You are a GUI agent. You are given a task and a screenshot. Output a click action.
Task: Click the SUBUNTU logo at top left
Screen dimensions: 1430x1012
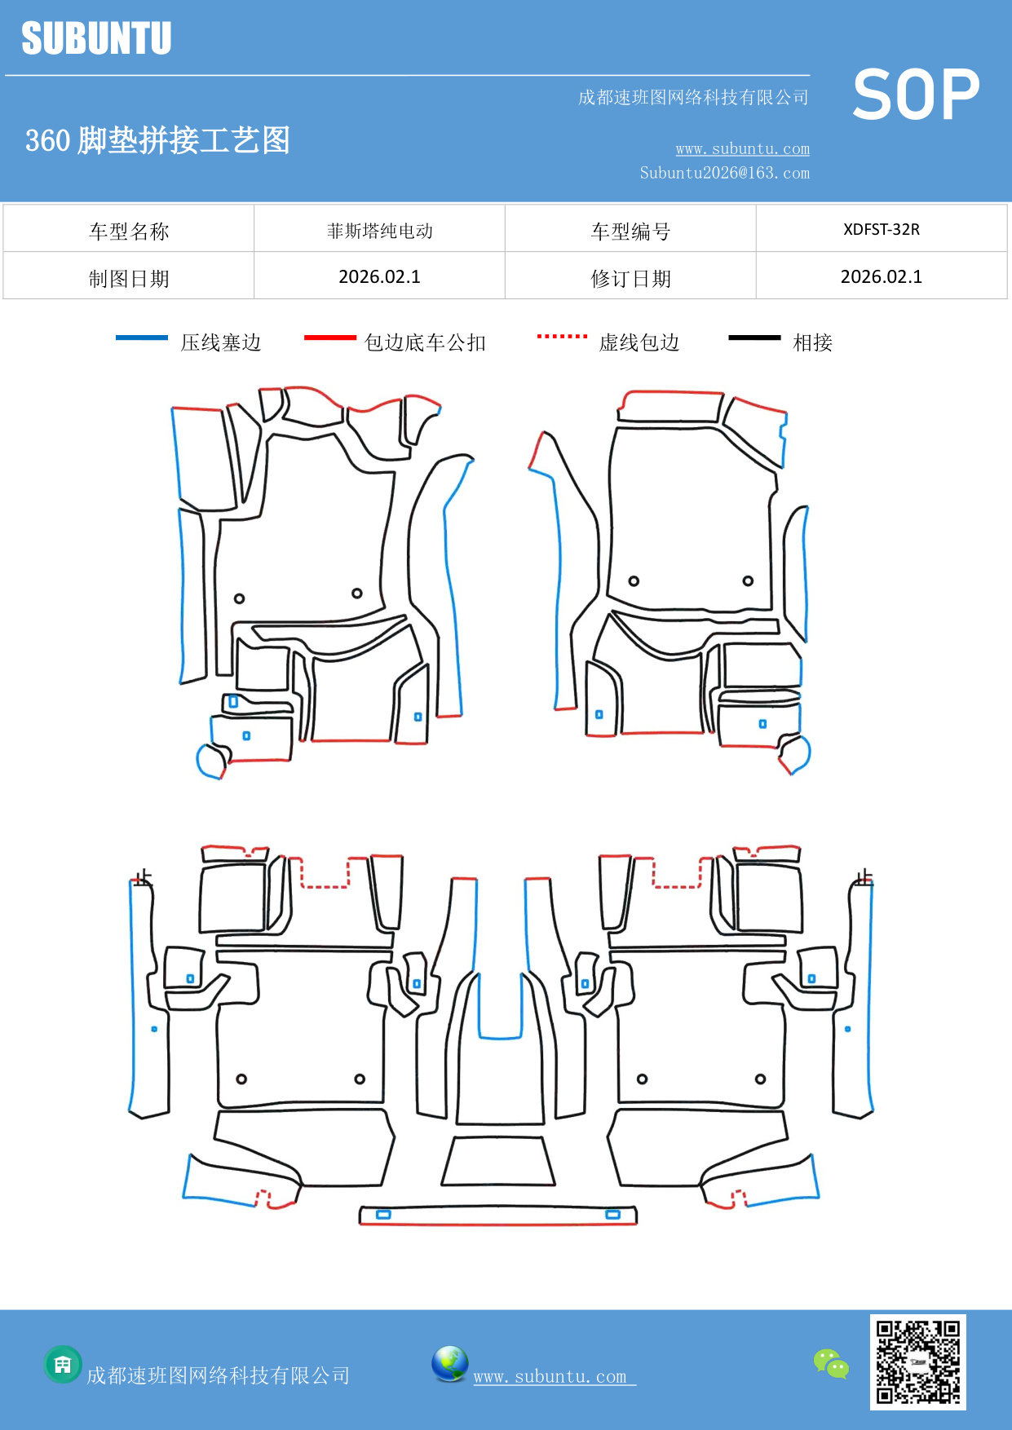pos(96,38)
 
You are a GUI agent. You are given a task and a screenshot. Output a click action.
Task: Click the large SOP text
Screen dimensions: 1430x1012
pos(916,95)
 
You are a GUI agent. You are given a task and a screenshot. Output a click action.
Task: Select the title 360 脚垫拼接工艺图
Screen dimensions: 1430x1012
pos(157,140)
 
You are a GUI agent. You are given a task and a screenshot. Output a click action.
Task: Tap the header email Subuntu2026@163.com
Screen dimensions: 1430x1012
pos(724,173)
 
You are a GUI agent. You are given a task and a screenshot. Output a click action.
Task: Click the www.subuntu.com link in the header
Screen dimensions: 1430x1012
pos(742,148)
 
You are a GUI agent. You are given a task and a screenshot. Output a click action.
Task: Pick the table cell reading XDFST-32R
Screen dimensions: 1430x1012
pos(881,229)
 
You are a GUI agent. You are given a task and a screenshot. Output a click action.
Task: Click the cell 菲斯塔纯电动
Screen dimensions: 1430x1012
pos(379,231)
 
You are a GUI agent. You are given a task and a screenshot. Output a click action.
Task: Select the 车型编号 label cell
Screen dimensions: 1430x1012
pos(630,232)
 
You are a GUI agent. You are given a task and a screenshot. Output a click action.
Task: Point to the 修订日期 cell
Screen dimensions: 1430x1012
pos(630,279)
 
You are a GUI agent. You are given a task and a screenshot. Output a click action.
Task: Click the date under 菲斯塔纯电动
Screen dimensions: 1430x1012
pos(379,277)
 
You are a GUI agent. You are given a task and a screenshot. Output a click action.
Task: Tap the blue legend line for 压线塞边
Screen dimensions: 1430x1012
pos(142,338)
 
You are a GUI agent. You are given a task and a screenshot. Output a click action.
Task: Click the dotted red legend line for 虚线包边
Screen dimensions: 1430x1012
pos(562,336)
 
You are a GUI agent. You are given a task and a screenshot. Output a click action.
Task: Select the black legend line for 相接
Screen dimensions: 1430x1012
pos(754,338)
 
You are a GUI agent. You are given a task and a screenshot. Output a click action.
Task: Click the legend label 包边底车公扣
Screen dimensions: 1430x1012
pos(425,342)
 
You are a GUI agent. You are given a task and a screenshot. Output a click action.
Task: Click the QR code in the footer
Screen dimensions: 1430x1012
pos(917,1362)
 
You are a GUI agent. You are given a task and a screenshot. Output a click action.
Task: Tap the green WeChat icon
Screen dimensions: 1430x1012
pos(831,1363)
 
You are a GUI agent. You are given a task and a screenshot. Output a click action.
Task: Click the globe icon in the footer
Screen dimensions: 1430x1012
pos(449,1364)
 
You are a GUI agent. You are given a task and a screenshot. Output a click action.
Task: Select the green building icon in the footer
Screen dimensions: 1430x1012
pos(63,1364)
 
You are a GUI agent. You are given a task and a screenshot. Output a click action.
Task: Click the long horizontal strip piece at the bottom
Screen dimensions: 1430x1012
pos(497,1216)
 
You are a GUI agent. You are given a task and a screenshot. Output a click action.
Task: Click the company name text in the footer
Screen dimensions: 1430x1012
pos(218,1375)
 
